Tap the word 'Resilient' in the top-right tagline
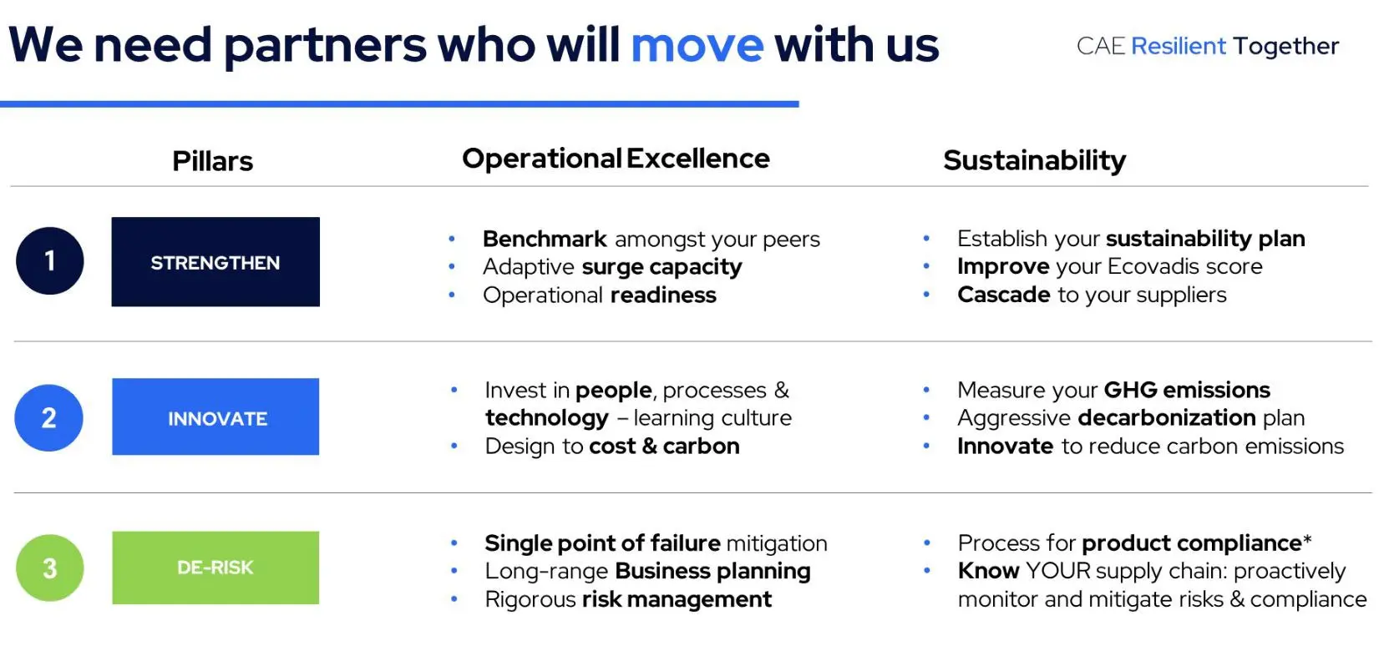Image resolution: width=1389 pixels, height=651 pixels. tap(1179, 46)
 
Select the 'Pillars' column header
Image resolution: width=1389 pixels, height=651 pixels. tap(213, 161)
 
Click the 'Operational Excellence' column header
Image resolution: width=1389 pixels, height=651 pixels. tap(616, 159)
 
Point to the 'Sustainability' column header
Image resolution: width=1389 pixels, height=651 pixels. tap(1034, 160)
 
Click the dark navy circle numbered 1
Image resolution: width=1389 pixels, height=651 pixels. tap(49, 260)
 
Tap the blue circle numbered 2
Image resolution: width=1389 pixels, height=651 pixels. tap(49, 417)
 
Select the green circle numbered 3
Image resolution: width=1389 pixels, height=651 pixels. tap(49, 568)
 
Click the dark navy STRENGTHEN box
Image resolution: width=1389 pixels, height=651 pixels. tap(215, 261)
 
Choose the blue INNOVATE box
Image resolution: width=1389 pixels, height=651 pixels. tap(215, 416)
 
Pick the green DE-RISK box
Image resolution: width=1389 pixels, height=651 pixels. tap(215, 568)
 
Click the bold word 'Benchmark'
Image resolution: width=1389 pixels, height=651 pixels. tap(545, 239)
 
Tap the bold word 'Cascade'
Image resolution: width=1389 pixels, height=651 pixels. tap(1004, 295)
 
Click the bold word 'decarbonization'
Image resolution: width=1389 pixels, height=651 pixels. tap(1167, 418)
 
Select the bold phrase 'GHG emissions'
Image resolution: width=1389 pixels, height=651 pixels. tap(1187, 390)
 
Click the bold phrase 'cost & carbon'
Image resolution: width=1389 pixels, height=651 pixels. tap(664, 446)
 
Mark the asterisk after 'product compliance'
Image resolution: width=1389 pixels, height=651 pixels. tap(1307, 539)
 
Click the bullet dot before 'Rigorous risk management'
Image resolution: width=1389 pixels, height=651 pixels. tap(454, 599)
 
